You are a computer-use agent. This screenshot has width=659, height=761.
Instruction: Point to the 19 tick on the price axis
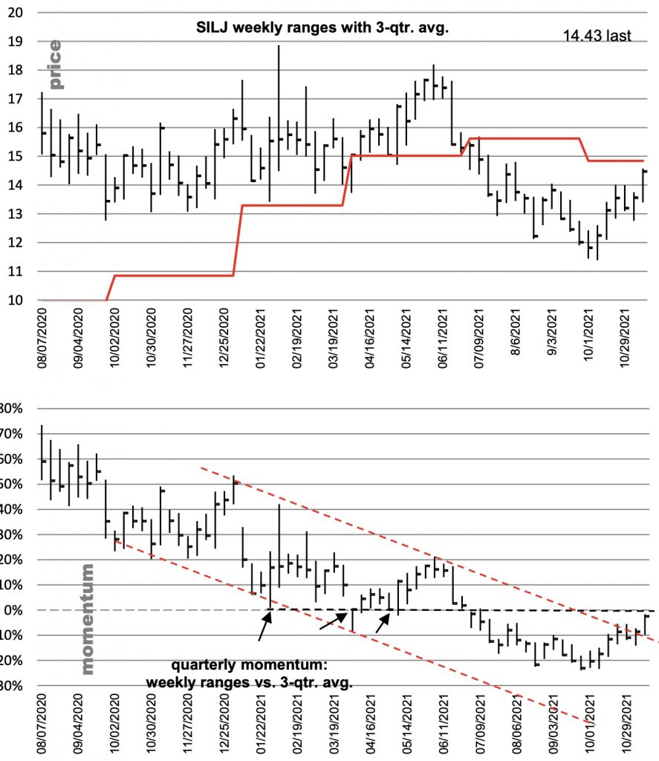(x=22, y=42)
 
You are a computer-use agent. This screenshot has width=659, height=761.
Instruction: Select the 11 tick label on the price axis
(x=22, y=271)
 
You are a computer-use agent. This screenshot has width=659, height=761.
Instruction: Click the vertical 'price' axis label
(x=55, y=65)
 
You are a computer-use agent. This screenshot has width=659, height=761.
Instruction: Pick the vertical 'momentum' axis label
(x=88, y=619)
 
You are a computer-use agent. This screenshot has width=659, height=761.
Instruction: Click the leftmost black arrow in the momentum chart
(x=264, y=626)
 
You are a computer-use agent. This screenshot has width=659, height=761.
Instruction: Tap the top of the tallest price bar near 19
(x=279, y=47)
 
